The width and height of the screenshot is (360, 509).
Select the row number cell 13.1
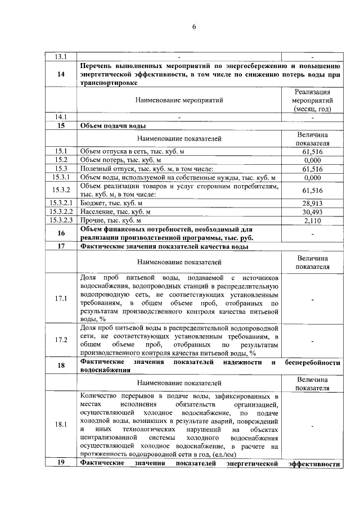(61, 57)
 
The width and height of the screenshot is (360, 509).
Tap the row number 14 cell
(61, 74)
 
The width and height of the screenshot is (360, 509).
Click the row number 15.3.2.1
(61, 202)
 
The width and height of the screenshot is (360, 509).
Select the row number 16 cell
(61, 233)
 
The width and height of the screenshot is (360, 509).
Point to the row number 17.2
(61, 340)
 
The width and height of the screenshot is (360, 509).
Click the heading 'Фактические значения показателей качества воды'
(164, 246)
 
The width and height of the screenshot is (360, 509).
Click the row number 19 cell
(61, 463)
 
